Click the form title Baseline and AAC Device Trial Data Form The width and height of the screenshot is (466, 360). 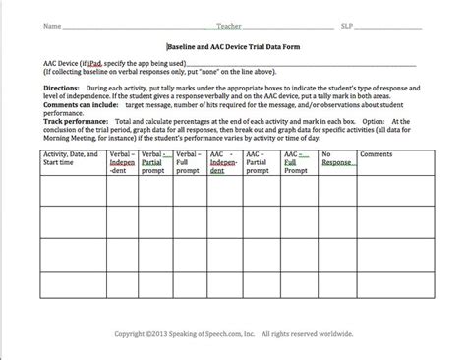point(233,44)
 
